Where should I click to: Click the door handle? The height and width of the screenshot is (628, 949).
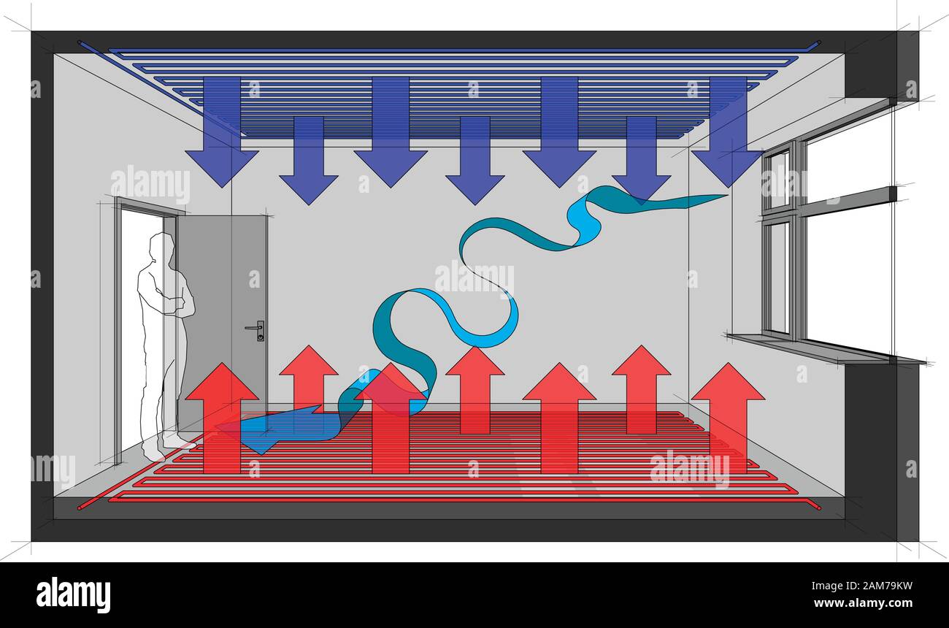pos(255,329)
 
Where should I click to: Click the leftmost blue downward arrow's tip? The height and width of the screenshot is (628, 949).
pos(222,187)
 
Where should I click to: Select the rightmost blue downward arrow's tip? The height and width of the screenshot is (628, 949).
pos(728,187)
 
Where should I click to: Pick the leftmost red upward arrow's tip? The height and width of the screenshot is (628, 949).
pos(222,364)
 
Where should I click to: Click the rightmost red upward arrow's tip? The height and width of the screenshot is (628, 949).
pos(728,364)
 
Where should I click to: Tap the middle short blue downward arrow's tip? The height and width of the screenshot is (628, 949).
pos(475,204)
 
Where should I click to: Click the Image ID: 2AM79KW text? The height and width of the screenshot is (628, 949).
pos(861,586)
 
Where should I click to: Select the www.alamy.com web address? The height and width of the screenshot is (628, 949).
pos(863,602)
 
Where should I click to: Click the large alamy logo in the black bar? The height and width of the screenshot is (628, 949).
pos(73,595)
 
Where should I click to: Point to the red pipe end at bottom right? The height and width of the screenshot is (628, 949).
pos(818,508)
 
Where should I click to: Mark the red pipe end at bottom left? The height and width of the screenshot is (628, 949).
pos(80,508)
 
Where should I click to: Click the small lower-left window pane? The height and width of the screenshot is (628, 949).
pos(778,277)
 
